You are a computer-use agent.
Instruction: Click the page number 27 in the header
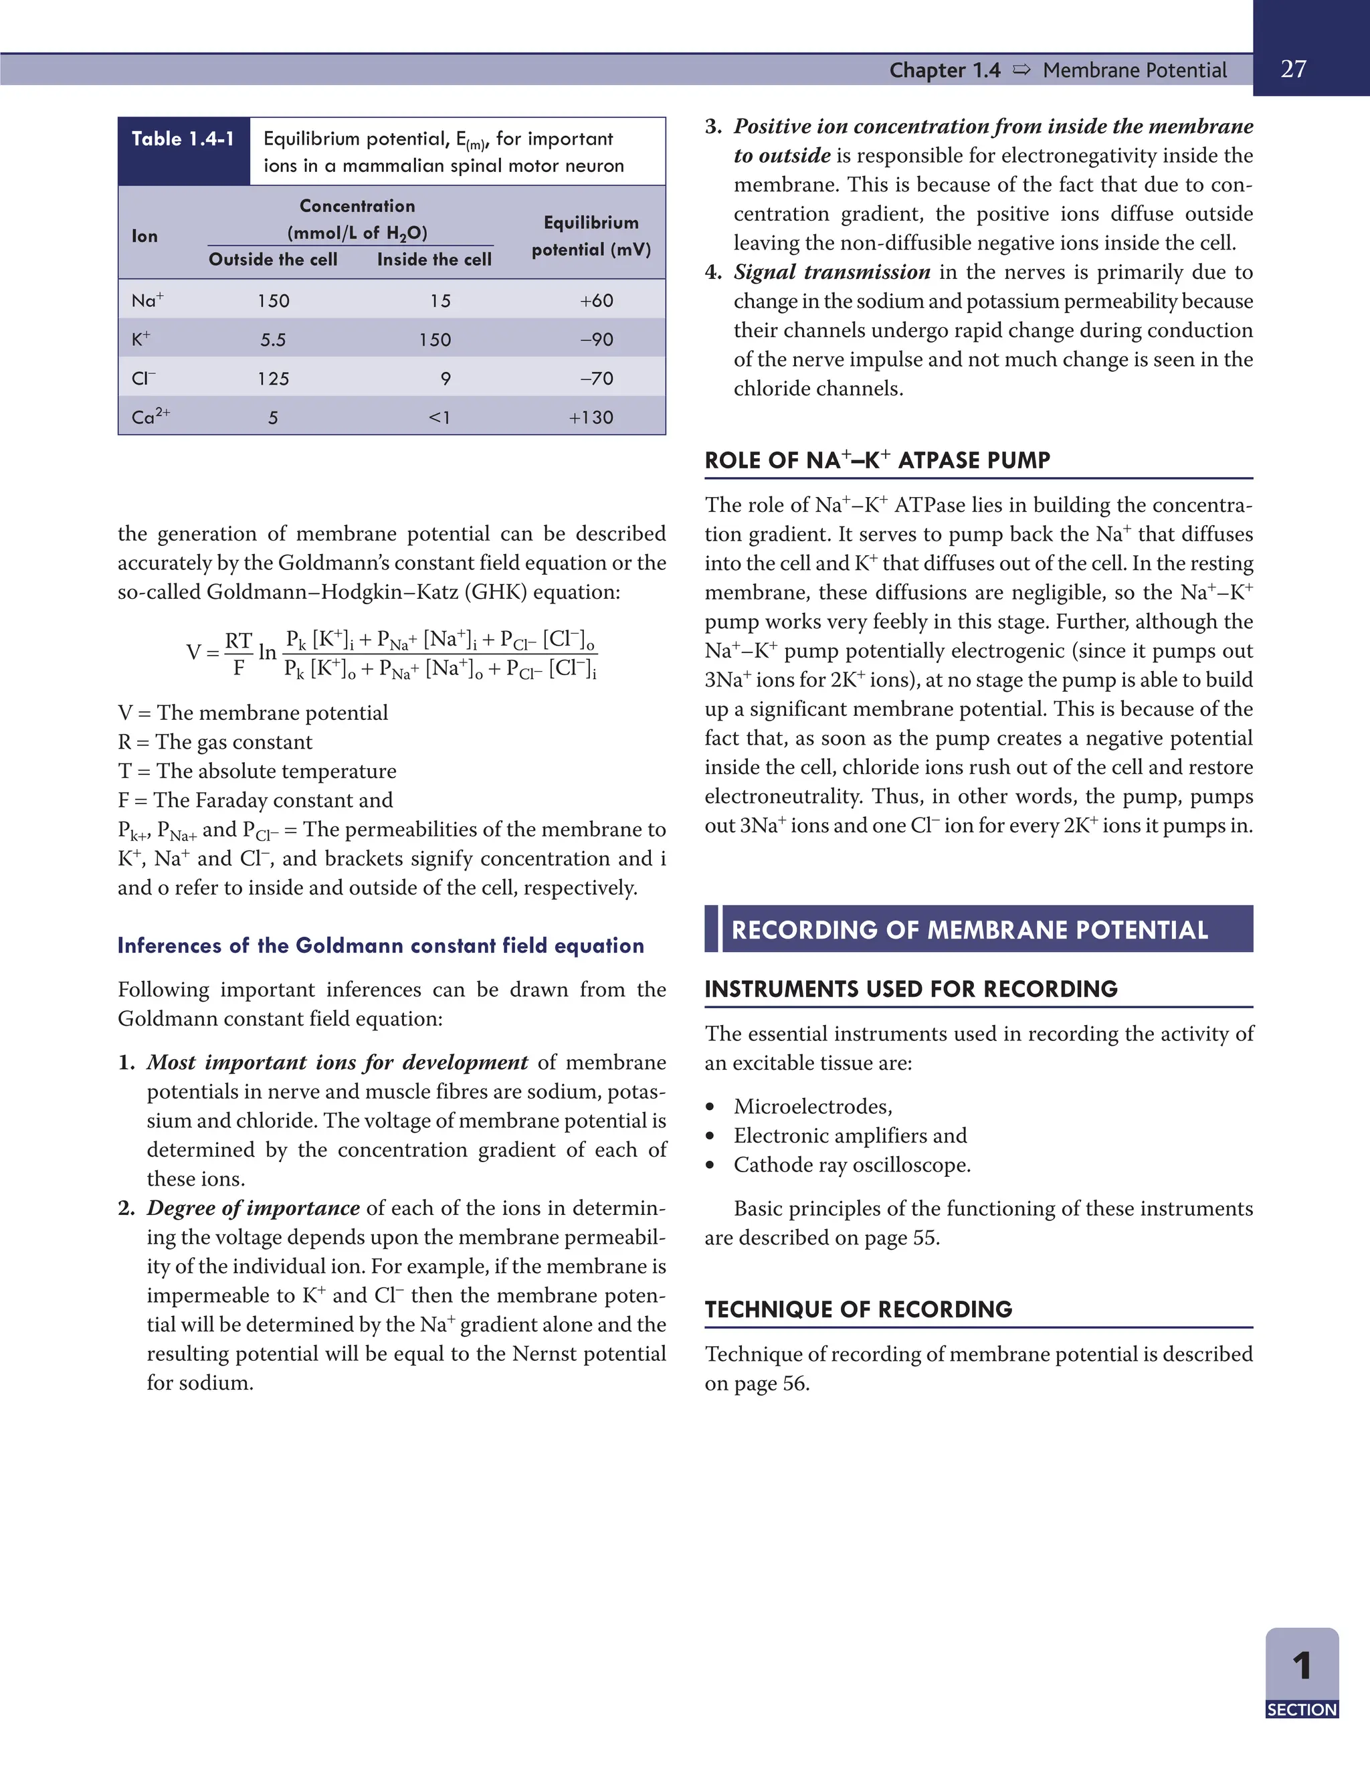1293,69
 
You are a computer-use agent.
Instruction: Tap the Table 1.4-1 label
183,138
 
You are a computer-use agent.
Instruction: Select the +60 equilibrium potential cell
597,300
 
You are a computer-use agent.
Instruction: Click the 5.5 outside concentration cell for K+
273,339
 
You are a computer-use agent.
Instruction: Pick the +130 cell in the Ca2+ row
591,417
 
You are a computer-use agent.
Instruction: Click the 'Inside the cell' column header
434,259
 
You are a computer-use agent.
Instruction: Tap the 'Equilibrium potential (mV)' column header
591,236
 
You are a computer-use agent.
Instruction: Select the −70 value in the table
597,378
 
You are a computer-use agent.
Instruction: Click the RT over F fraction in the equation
237,653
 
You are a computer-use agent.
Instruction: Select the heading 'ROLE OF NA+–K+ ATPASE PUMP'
876,460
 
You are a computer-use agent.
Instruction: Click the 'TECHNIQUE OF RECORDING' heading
858,1309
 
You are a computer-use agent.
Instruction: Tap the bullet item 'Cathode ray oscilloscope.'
852,1164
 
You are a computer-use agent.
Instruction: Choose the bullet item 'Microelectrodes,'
812,1106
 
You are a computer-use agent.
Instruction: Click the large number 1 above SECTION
1302,1666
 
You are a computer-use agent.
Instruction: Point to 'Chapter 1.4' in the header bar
945,70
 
